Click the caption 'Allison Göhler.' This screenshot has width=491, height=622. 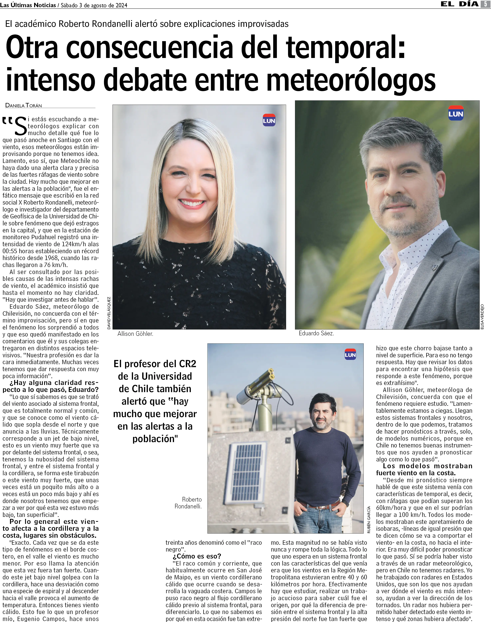[135, 334]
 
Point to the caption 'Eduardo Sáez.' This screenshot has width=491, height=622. [316, 333]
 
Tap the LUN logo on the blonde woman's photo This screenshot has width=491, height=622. [269, 120]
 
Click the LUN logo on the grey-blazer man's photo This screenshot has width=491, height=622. [456, 114]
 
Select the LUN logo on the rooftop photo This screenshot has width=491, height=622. [350, 355]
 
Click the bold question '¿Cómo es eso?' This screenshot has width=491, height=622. [197, 556]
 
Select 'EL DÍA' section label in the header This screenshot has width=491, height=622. [459, 4]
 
